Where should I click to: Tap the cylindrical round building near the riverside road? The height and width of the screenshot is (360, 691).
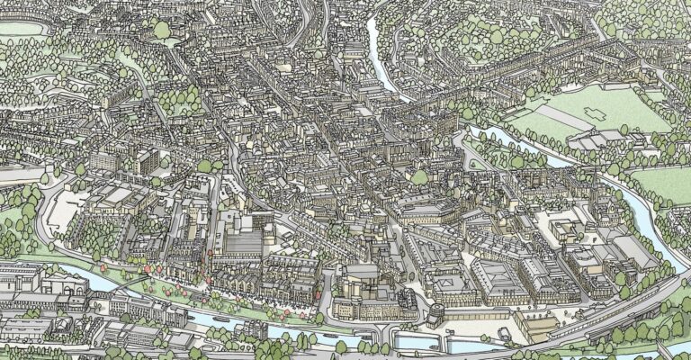pos(436,315)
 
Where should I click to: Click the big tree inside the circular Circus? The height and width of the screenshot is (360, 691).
pos(162,29)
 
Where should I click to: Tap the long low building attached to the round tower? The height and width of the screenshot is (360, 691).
pos(468,315)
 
